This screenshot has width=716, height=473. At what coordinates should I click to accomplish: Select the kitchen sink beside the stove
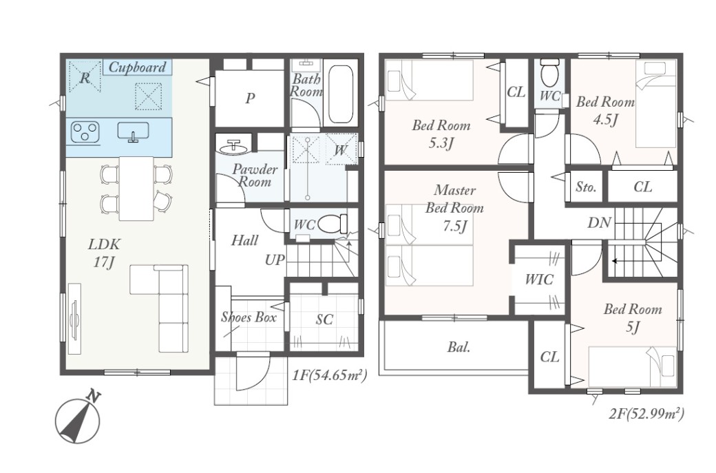[133, 131]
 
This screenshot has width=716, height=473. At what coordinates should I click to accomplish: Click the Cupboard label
[137, 67]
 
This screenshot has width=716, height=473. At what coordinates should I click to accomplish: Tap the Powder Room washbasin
[234, 147]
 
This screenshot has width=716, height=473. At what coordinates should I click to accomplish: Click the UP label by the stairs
[275, 260]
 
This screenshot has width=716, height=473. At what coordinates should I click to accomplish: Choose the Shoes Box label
[249, 317]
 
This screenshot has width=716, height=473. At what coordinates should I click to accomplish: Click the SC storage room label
[324, 319]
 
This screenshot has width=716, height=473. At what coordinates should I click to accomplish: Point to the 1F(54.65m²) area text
[329, 376]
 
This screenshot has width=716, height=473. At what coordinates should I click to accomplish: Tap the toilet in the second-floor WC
[548, 73]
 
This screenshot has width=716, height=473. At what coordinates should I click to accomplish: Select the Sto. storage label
[585, 187]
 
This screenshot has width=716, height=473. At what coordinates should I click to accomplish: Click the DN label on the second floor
[599, 223]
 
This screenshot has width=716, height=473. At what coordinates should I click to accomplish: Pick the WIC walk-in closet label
[539, 280]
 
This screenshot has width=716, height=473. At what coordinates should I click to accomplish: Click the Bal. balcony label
[459, 347]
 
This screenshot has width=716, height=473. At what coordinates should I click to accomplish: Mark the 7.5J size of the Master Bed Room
[454, 226]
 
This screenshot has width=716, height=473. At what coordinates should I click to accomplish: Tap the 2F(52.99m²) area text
[646, 414]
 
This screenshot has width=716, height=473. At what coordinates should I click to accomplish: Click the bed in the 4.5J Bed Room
[655, 105]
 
